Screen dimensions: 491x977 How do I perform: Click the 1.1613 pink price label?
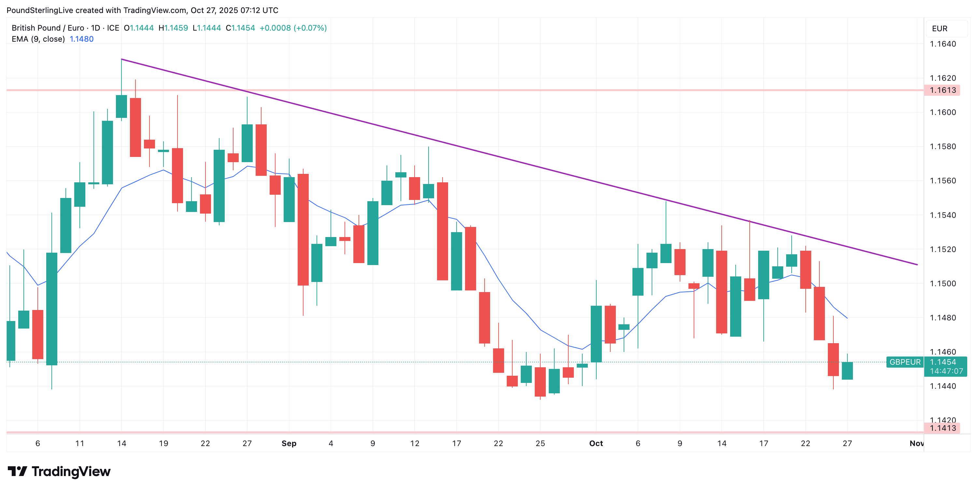tap(942, 90)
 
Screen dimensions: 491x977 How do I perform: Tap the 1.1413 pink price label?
tap(942, 428)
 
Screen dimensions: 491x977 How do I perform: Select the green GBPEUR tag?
tap(905, 362)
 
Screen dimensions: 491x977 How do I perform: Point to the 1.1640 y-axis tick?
tap(942, 44)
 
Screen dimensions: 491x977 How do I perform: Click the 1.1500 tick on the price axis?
tap(942, 284)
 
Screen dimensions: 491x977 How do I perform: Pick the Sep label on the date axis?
tap(289, 443)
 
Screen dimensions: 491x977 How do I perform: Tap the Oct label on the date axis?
tap(596, 443)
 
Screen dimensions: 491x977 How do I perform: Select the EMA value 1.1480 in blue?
tap(81, 39)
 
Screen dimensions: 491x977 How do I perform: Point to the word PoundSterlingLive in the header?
tap(40, 10)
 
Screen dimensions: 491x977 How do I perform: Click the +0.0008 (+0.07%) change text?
tap(293, 28)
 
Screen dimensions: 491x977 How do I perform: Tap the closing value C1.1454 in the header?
tap(240, 28)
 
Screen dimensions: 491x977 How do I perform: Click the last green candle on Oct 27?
tap(847, 371)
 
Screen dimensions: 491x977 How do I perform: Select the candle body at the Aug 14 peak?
tap(121, 106)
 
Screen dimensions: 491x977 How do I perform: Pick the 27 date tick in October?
tap(847, 443)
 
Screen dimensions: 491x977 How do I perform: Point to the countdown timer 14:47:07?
tap(946, 371)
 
